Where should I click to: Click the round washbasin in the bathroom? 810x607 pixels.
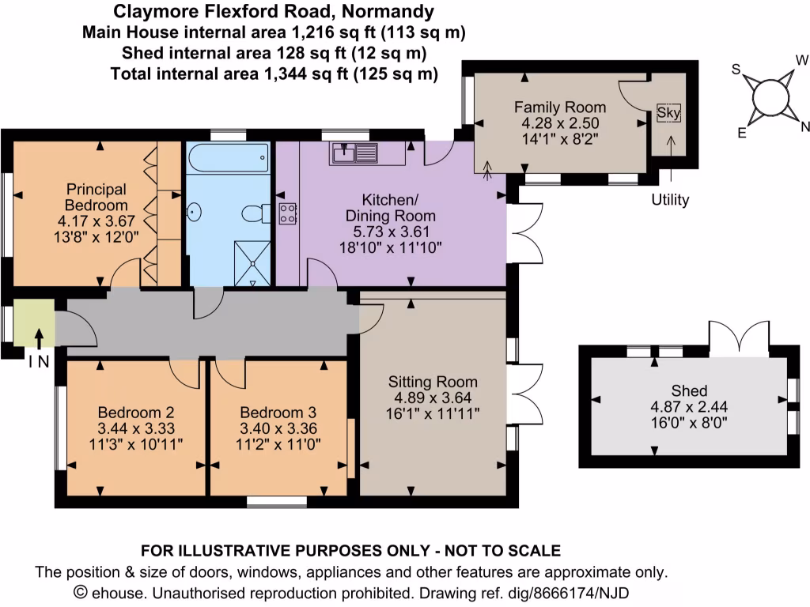pos(195,212)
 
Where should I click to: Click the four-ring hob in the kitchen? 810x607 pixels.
pos(287,212)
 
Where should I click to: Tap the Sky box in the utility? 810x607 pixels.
pos(668,113)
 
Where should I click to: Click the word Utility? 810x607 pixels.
pos(669,200)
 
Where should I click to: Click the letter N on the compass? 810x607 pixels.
pos(805,126)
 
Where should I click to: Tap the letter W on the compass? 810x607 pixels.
pos(801,59)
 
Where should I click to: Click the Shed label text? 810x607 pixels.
pos(687,390)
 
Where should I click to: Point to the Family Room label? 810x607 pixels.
pos(560,107)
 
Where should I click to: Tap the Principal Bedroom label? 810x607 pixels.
pos(96,197)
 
